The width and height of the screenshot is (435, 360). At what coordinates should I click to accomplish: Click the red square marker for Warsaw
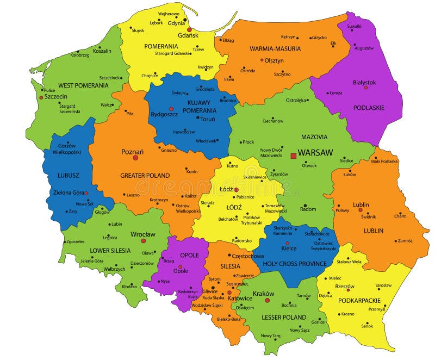coord(294,156)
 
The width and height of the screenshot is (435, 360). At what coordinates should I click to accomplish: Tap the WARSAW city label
coord(315,153)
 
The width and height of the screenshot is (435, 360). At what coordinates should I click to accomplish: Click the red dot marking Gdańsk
coord(189,29)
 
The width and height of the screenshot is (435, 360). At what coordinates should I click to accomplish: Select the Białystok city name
coord(364,82)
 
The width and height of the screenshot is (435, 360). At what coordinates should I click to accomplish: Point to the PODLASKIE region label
coord(368,108)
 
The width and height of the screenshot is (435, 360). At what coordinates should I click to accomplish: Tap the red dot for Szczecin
coord(41,97)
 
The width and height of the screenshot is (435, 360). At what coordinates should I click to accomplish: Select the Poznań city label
coord(132,151)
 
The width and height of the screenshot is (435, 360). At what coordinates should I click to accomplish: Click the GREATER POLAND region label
coord(145,175)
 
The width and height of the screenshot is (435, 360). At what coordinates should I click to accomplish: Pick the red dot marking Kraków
coord(267,300)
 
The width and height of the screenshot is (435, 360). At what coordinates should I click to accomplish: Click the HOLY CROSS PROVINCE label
coord(294,264)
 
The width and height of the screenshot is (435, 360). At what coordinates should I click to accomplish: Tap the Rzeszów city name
coord(344,287)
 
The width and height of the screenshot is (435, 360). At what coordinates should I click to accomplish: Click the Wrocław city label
coord(143,234)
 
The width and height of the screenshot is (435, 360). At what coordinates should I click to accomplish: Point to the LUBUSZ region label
coord(69,176)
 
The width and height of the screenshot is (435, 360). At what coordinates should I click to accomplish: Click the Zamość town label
coord(405,240)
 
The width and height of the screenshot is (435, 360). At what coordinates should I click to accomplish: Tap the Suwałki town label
coord(355,26)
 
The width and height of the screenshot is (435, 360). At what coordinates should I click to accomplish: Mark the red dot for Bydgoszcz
coord(171,109)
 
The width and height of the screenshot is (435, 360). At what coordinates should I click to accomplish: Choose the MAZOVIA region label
coord(314,137)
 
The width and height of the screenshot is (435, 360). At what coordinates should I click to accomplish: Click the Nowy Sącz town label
coord(299,330)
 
